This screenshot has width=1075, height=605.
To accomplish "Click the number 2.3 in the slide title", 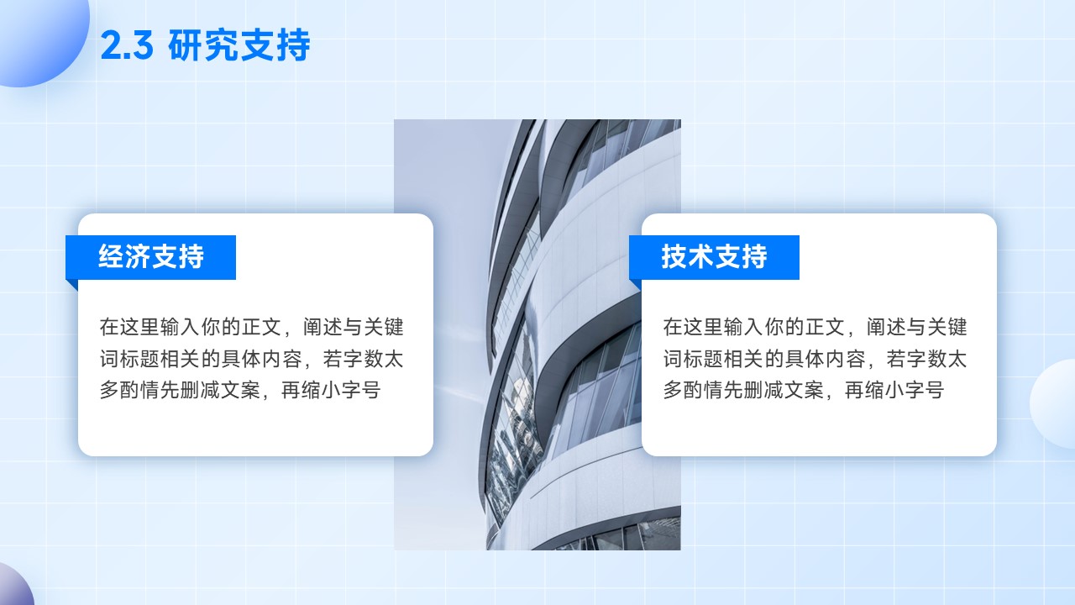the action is (x=127, y=45).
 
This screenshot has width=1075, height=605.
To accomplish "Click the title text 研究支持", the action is (x=239, y=45).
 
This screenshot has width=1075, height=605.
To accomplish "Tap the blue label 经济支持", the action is (x=150, y=257).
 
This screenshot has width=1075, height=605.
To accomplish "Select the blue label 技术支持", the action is (x=714, y=257).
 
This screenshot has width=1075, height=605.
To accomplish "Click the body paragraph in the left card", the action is (x=251, y=358).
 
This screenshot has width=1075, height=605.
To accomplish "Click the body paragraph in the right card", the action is (x=815, y=358).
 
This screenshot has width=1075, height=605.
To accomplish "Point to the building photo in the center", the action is (x=537, y=334).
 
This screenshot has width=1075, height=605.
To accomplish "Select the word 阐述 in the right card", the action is (x=886, y=327).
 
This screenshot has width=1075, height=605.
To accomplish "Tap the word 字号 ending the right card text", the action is (x=925, y=390).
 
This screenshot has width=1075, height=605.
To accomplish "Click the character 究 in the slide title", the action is (x=221, y=45).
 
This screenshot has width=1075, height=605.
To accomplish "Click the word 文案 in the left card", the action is (x=241, y=390).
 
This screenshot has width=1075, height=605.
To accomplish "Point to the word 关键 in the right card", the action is (x=947, y=327).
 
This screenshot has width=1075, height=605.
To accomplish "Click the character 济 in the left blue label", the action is (x=138, y=256).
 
